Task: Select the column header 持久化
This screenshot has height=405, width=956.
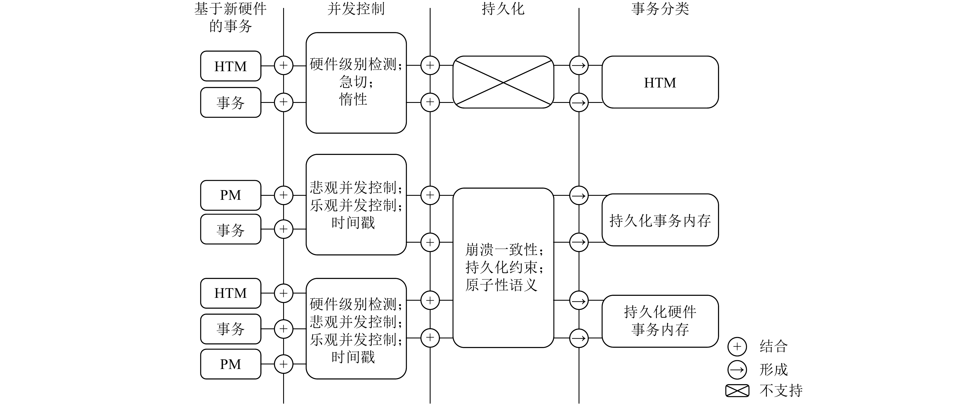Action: coord(503,9)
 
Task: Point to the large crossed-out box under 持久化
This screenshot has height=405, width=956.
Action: coord(503,82)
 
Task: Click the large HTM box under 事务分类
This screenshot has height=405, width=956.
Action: coord(660,82)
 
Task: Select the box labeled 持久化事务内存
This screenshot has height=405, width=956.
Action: coord(660,220)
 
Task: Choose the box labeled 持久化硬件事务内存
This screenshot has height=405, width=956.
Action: coord(660,321)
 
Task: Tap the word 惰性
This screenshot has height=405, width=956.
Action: coord(353,99)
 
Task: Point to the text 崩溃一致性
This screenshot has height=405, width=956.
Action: coord(502,250)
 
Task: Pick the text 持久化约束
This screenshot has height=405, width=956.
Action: coord(502,267)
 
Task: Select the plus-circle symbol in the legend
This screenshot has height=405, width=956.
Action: coord(737,347)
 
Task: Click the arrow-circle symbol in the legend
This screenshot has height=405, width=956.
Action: coord(737,370)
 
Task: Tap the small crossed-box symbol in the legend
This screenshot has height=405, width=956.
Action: coord(737,390)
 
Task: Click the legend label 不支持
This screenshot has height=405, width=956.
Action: coord(781,390)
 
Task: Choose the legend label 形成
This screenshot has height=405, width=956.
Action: coord(773,370)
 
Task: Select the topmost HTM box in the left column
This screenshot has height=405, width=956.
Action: coord(231,66)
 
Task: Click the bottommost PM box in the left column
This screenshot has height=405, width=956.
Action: coord(231,364)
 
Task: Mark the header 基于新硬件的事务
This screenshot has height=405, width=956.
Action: coord(231,17)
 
